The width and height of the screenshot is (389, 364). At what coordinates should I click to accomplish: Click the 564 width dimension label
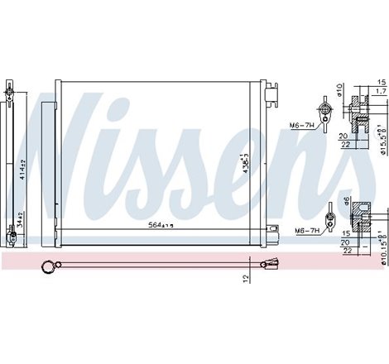161,224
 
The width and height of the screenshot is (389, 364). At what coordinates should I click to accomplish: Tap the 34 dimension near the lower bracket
24,222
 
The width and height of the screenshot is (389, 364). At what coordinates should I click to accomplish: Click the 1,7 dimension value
380,90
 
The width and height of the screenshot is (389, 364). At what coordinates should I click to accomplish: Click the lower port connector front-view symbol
330,218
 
